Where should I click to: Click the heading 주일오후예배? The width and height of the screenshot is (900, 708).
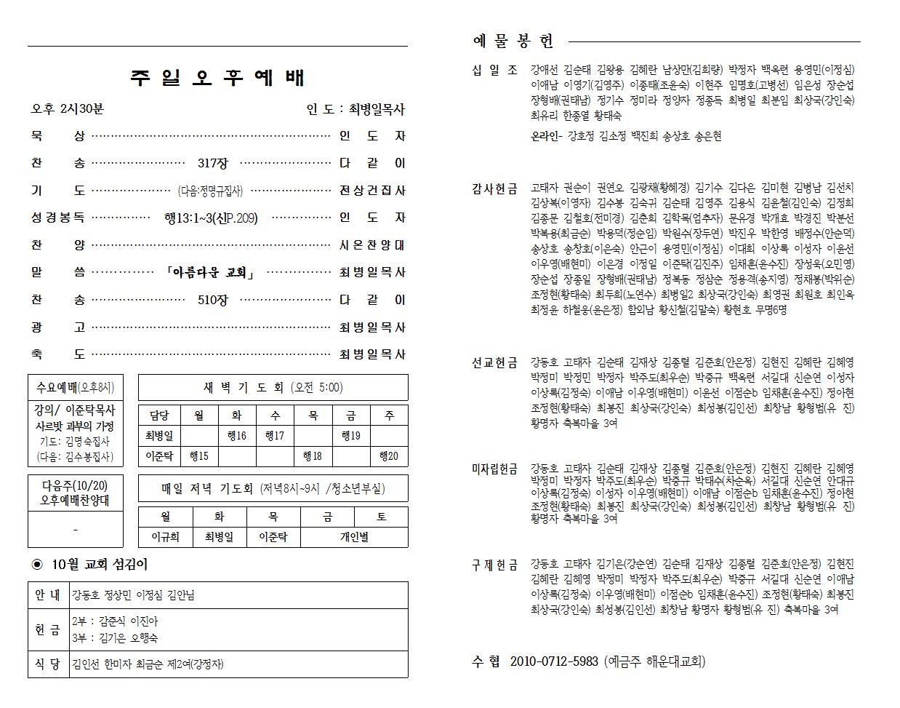click(x=217, y=78)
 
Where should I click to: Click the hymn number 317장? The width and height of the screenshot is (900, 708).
click(x=212, y=163)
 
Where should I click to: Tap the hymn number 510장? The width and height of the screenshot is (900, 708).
click(x=212, y=300)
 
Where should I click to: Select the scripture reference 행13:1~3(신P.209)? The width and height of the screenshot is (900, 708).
click(x=211, y=218)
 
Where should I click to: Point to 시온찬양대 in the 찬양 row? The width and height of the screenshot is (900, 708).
click(x=371, y=245)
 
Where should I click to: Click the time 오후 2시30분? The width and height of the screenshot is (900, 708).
click(x=68, y=109)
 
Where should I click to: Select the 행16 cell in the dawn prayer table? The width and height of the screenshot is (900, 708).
click(x=237, y=436)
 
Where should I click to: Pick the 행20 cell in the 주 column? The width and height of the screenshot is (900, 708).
click(x=388, y=456)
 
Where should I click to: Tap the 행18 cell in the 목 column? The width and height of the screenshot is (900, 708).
click(x=313, y=456)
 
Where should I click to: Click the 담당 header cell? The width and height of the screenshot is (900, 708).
click(x=159, y=415)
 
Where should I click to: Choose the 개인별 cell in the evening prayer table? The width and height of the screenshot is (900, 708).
click(x=353, y=537)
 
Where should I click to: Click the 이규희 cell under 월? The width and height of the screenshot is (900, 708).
click(x=165, y=537)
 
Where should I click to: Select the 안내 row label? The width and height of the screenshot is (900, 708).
click(x=48, y=595)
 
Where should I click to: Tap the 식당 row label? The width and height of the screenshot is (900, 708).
click(x=48, y=664)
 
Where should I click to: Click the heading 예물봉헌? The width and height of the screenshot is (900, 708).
click(x=513, y=41)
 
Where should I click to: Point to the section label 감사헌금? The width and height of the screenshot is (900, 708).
click(x=494, y=188)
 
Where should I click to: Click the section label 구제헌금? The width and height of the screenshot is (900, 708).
click(x=494, y=565)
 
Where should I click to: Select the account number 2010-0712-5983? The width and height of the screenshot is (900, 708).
click(x=554, y=661)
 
